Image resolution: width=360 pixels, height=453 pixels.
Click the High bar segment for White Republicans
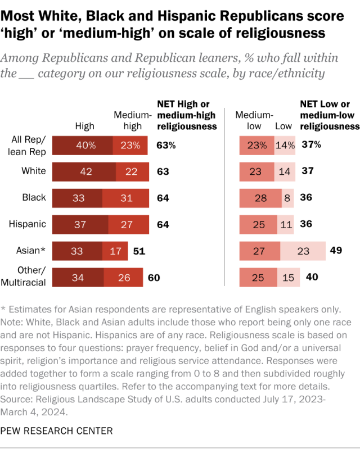[84, 171]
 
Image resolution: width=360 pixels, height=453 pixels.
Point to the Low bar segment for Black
[287, 198]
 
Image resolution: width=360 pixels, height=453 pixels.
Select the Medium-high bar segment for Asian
[115, 250]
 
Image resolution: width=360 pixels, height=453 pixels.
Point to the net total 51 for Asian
[139, 250]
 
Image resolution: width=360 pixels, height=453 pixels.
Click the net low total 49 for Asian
[336, 250]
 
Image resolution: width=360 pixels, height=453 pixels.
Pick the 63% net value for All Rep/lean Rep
[166, 145]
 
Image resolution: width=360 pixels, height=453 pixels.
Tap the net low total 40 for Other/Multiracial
[311, 277]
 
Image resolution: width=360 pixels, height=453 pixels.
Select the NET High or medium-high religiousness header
[186, 115]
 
